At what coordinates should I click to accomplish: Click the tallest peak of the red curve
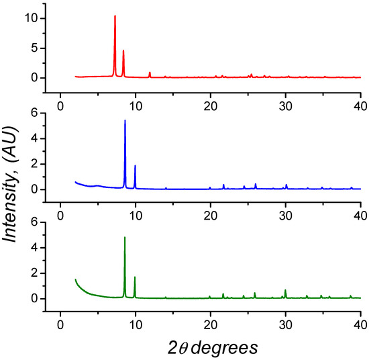coord(115,16)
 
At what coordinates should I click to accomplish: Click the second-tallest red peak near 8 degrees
coord(123,50)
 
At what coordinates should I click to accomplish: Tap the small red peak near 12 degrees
coord(150,73)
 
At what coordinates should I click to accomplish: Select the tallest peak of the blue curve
coord(125,121)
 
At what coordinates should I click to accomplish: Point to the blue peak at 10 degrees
coord(135,166)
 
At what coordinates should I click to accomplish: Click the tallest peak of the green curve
coord(125,238)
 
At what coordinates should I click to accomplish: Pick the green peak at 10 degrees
coord(135,277)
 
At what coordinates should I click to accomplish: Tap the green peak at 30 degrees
coord(285,290)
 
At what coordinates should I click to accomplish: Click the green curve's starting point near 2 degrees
coord(76,279)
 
